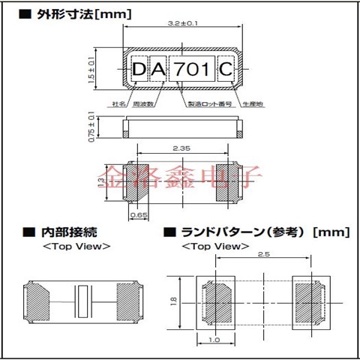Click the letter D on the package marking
pyautogui.click(x=141, y=70)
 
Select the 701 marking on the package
pyautogui.click(x=192, y=70)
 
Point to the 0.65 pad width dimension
pyautogui.click(x=138, y=214)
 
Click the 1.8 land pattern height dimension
pyautogui.click(x=174, y=301)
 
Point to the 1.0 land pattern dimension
pyautogui.click(x=215, y=340)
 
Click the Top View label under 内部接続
pyautogui.click(x=76, y=246)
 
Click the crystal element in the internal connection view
pyautogui.click(x=83, y=302)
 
